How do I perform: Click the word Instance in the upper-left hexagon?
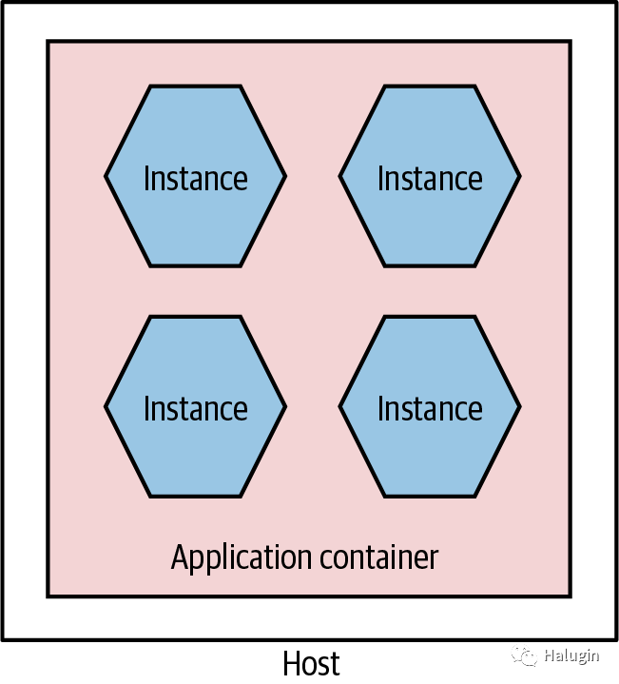pos(195,178)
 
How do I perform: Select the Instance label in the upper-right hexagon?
pos(430,178)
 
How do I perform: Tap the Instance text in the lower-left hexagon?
pos(195,408)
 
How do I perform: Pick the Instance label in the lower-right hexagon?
pos(430,408)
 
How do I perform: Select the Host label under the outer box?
pos(311,663)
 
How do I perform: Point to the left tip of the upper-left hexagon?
pos(106,176)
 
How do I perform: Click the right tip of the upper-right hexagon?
pos(519,176)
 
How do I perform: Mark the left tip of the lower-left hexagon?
pos(106,406)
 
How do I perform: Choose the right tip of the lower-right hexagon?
pos(519,406)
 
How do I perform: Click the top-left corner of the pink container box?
pos(48,42)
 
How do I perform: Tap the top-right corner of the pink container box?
pos(571,42)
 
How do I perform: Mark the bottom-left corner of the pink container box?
pos(48,596)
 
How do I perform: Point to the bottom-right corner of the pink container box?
pos(571,596)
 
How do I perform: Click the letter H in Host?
pos(292,663)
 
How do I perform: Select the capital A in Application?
pos(180,557)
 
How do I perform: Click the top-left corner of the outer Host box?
pos(3,3)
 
